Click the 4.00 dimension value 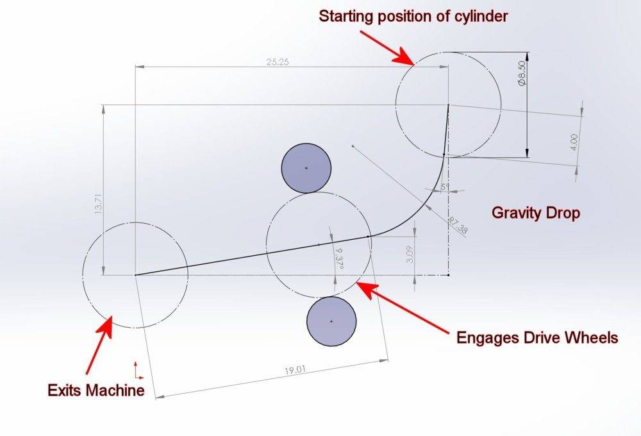point(574,141)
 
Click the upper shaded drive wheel point(306,168)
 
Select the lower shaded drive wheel point(331,321)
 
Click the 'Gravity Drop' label point(536,212)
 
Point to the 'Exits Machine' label point(97,390)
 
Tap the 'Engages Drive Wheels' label point(537,337)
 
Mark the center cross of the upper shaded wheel point(306,168)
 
